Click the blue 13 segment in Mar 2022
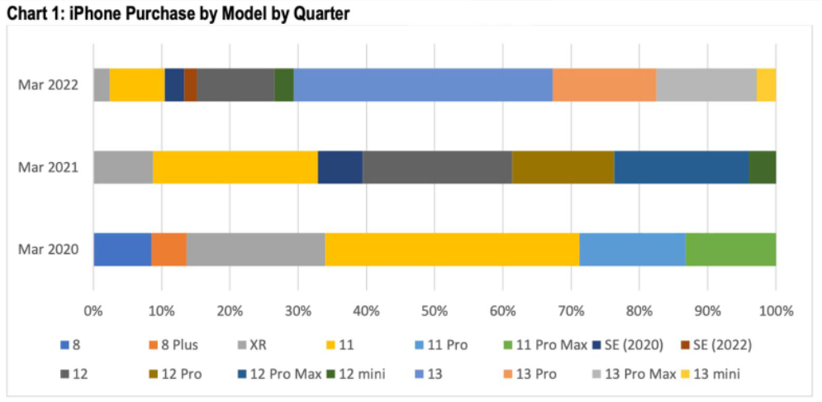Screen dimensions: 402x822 click(423, 84)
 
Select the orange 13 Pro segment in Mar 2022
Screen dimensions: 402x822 click(604, 84)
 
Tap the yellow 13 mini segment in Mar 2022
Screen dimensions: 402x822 click(766, 84)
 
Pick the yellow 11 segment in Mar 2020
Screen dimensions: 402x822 click(452, 249)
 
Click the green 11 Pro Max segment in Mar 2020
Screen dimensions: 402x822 click(730, 249)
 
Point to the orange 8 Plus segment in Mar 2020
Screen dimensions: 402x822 click(169, 249)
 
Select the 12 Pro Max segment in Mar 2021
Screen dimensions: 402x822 click(682, 167)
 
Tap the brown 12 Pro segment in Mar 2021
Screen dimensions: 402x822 click(563, 167)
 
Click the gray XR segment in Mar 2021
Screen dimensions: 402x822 click(123, 167)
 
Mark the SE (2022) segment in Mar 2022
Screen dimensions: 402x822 click(190, 84)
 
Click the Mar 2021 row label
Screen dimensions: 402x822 click(49, 167)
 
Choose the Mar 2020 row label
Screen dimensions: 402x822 click(49, 249)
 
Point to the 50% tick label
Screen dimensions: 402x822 click(435, 312)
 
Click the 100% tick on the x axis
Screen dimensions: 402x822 click(775, 312)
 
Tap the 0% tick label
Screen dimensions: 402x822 click(93, 312)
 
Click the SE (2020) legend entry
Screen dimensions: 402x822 click(637, 345)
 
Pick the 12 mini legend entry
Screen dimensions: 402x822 click(363, 374)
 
